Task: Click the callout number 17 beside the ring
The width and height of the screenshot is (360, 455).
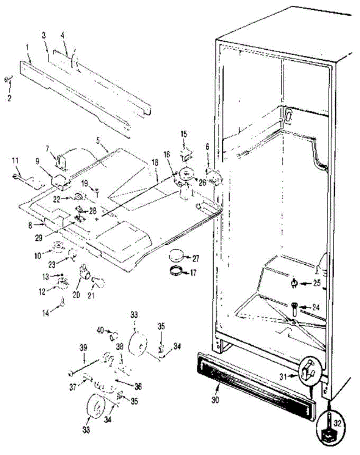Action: (193, 272)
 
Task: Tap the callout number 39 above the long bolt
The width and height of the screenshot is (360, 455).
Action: (83, 347)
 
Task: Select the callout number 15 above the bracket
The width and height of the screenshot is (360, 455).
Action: (184, 133)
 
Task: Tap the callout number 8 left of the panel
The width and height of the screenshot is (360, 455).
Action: (30, 225)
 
